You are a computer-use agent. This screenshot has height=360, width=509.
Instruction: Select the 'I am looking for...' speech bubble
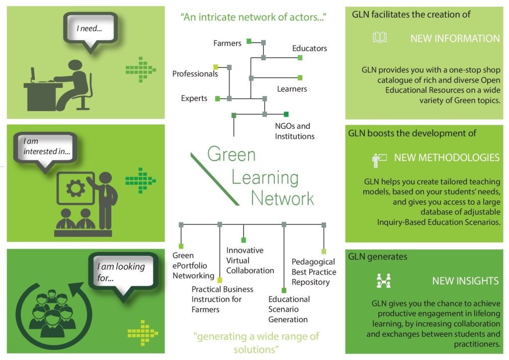123,272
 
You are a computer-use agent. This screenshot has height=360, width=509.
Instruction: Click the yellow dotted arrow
143,333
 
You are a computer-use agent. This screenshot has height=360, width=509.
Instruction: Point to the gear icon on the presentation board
76,187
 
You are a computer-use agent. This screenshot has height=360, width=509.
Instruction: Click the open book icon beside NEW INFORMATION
379,37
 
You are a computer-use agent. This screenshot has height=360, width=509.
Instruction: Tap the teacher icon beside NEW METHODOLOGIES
379,160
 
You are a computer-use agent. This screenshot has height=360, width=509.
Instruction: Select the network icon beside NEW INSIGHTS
383,281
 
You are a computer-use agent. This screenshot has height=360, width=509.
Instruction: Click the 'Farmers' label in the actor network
227,43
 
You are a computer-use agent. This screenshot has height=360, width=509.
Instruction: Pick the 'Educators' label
309,48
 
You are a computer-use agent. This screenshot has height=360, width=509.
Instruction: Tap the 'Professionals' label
195,74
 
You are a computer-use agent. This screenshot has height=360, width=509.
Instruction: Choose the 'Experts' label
194,98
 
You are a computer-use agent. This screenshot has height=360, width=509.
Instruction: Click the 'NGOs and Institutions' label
295,131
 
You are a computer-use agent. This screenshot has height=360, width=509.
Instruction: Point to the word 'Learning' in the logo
265,178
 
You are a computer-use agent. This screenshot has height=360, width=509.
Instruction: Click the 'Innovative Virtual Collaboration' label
250,261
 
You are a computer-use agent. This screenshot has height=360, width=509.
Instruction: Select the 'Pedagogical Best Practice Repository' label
314,272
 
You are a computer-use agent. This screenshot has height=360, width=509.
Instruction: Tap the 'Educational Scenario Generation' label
289,309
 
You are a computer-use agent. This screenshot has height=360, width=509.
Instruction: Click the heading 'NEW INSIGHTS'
465,281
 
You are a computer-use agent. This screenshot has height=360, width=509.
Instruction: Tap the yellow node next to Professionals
216,67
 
